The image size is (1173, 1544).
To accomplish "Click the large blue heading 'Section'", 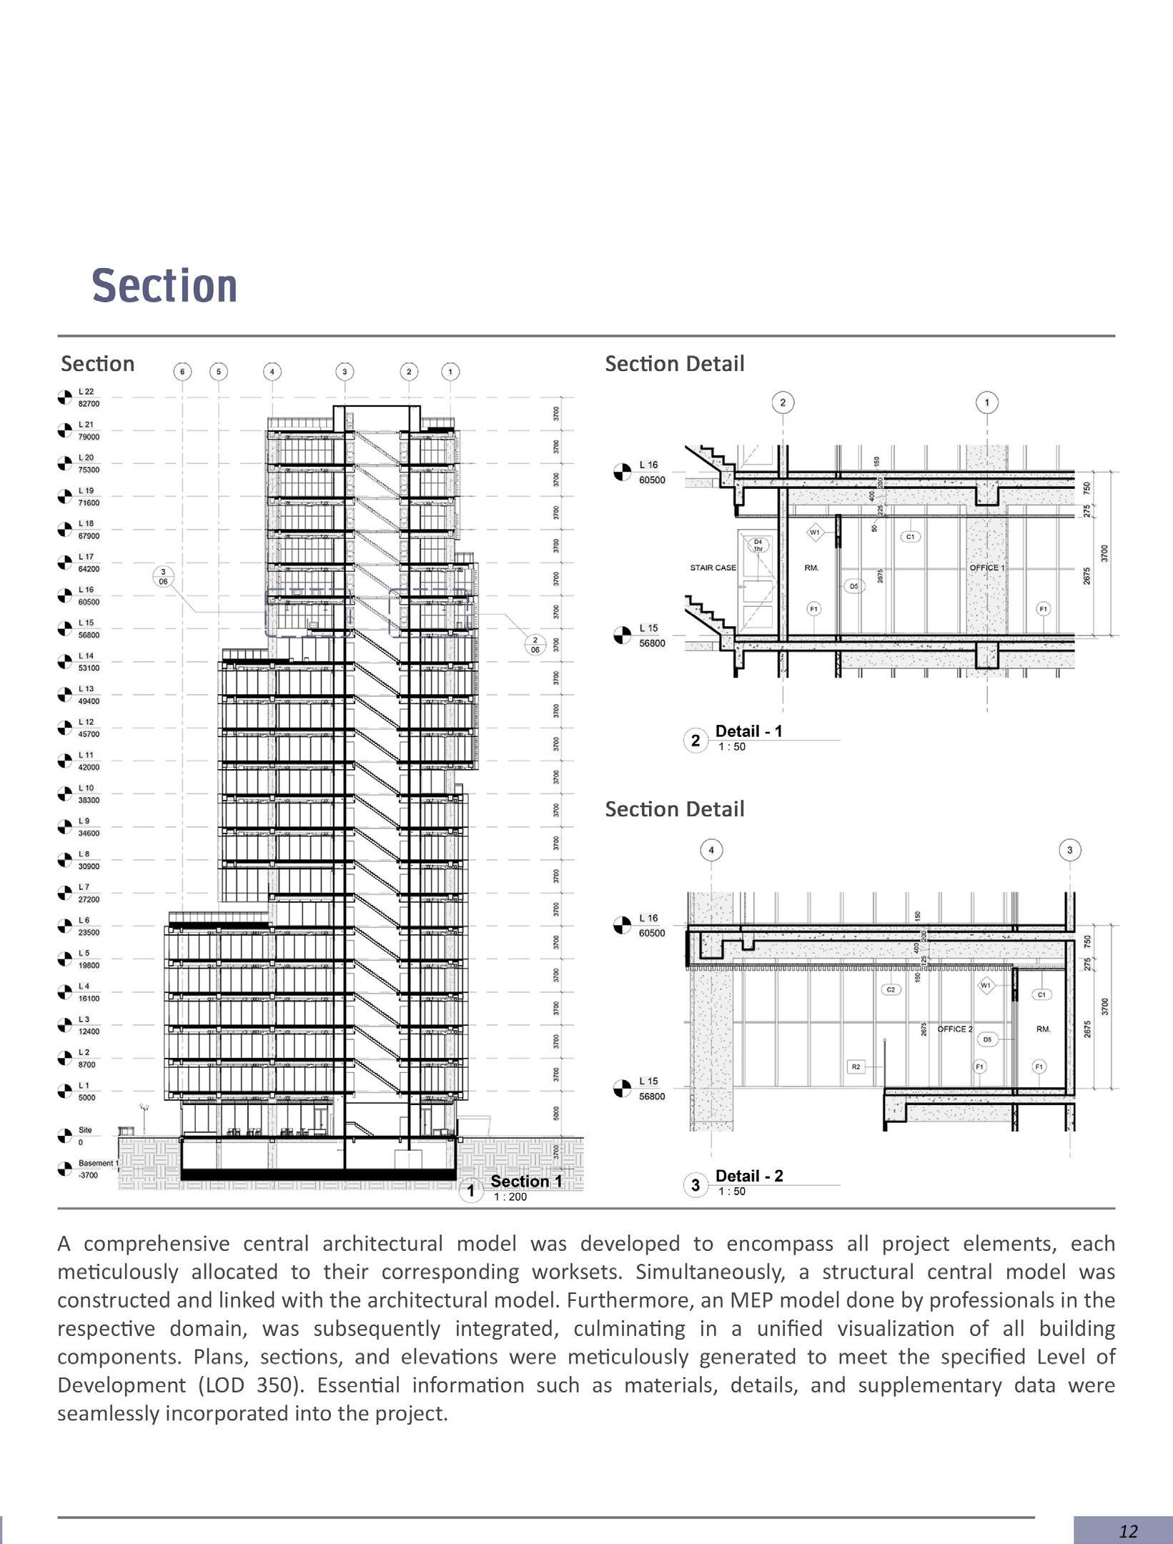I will pos(164,286).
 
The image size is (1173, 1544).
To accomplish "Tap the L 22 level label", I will pos(86,392).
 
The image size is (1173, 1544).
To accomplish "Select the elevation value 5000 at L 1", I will pos(86,1098).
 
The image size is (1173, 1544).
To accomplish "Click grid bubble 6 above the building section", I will pos(182,372).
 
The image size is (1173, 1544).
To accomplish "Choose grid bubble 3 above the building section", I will pos(345,372).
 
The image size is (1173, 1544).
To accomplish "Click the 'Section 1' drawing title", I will pos(526,1182).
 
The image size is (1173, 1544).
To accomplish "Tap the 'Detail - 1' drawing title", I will pos(748,731).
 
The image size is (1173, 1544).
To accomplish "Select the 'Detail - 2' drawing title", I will pos(748,1176).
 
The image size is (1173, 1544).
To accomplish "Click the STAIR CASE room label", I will pos(713,568).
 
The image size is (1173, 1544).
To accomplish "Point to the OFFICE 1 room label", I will pos(986,568).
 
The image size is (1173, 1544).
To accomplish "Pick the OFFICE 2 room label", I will pos(954,1029).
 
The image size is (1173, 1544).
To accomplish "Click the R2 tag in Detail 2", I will pos(856,1067).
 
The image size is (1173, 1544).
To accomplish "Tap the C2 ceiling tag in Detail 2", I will pos(891,990).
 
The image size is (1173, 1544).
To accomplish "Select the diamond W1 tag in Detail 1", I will pos(815,533).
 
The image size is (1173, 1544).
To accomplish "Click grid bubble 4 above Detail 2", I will pos(711,851).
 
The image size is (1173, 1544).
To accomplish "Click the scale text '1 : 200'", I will pos(510,1197).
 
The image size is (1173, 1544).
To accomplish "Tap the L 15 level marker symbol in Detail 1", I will pos(623,635).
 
